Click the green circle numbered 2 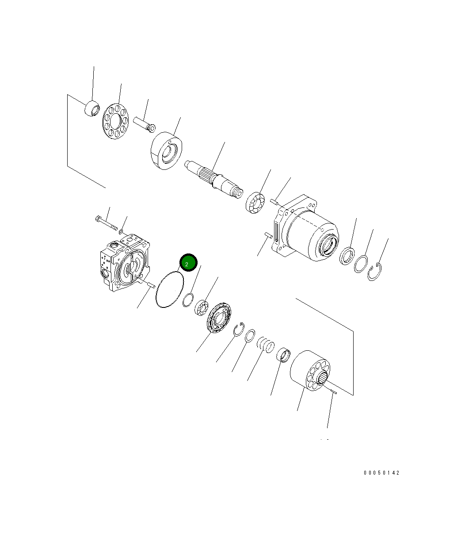(x=187, y=264)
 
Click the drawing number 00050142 (x=381, y=473)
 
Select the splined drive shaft (x=213, y=178)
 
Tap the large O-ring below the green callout (x=170, y=289)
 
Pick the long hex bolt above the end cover (x=106, y=223)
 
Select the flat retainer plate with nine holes (x=116, y=119)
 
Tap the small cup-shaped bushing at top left (x=92, y=109)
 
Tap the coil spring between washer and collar (x=266, y=344)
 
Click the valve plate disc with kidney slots (x=219, y=317)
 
